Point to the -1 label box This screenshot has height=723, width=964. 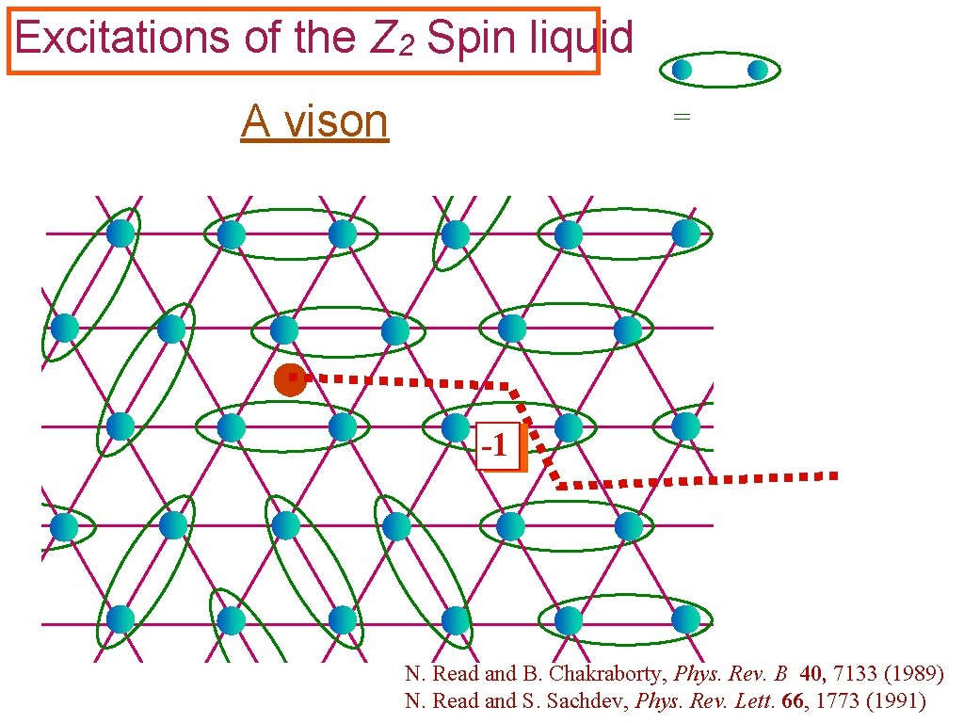pyautogui.click(x=497, y=445)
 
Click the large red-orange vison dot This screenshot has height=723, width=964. pyautogui.click(x=290, y=380)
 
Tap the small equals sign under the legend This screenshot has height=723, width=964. pyautogui.click(x=682, y=117)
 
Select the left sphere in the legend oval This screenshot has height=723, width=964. pyautogui.click(x=683, y=70)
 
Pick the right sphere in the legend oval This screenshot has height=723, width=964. pyautogui.click(x=758, y=70)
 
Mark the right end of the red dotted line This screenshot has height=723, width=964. pyautogui.click(x=832, y=475)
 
